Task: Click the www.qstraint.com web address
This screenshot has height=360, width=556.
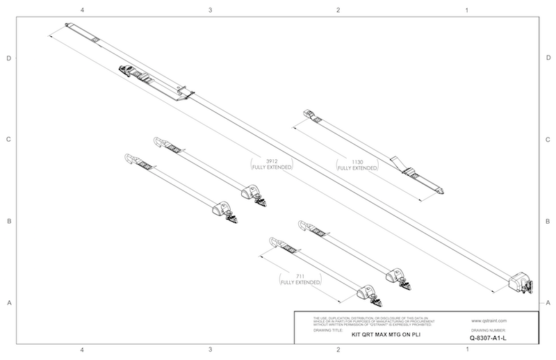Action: point(489,321)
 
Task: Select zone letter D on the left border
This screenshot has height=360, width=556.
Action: point(8,58)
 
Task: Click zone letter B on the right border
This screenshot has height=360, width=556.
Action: point(548,222)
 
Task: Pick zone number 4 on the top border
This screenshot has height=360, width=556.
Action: point(83,11)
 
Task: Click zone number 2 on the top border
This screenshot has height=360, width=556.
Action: point(338,11)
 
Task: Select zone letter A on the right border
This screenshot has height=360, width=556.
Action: point(548,302)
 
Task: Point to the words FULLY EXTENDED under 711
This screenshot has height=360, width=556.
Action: point(300,283)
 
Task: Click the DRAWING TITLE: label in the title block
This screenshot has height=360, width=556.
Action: point(329,328)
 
